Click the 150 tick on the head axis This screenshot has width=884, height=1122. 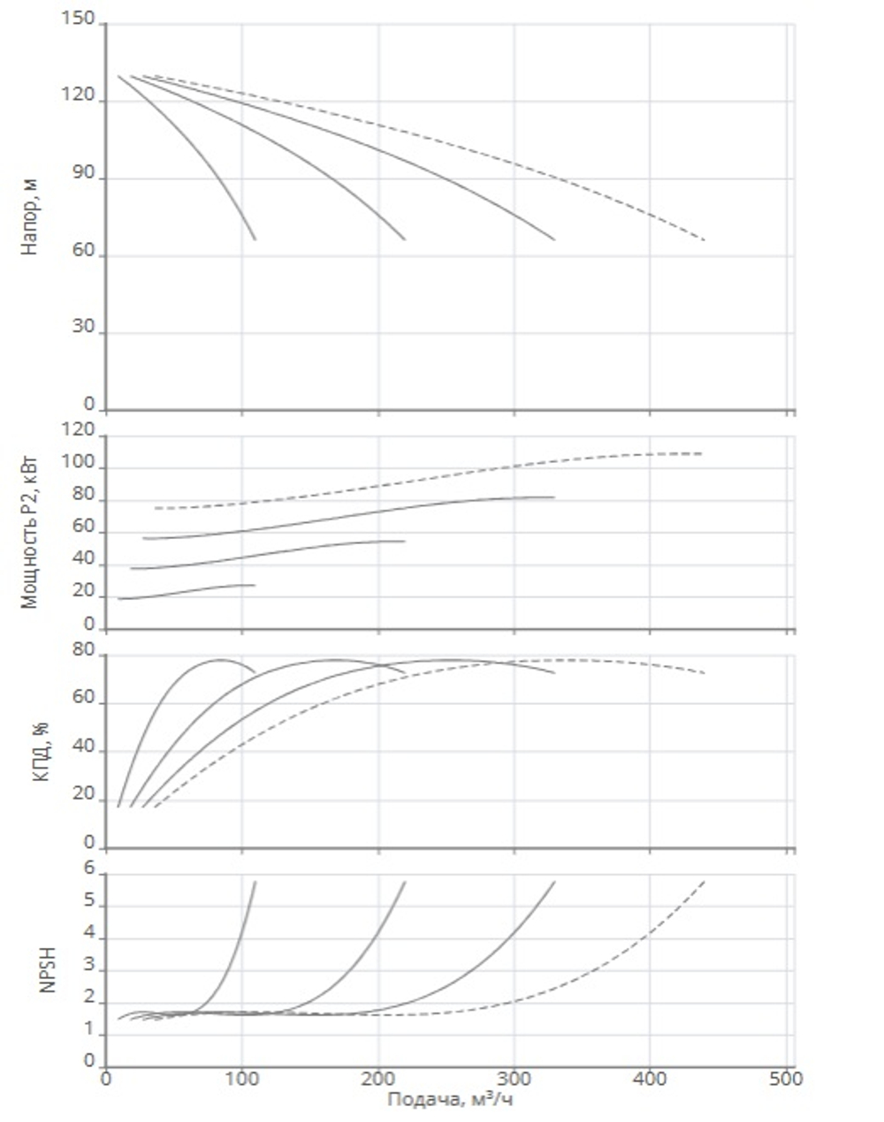[x=79, y=20]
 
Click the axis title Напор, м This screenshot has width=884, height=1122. [x=30, y=217]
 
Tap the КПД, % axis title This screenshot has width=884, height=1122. [x=41, y=752]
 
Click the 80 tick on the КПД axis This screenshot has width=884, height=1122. [x=84, y=651]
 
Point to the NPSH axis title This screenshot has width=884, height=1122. [x=48, y=969]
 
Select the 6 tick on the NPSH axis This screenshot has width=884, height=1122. [x=89, y=868]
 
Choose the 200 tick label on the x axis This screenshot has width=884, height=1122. [x=377, y=1079]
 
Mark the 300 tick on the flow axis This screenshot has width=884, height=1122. [x=514, y=1079]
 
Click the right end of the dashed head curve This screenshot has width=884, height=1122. [x=705, y=239]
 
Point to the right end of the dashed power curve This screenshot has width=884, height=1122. [x=703, y=453]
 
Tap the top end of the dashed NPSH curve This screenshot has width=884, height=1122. [x=705, y=881]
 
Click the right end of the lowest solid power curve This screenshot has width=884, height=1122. [x=255, y=585]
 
